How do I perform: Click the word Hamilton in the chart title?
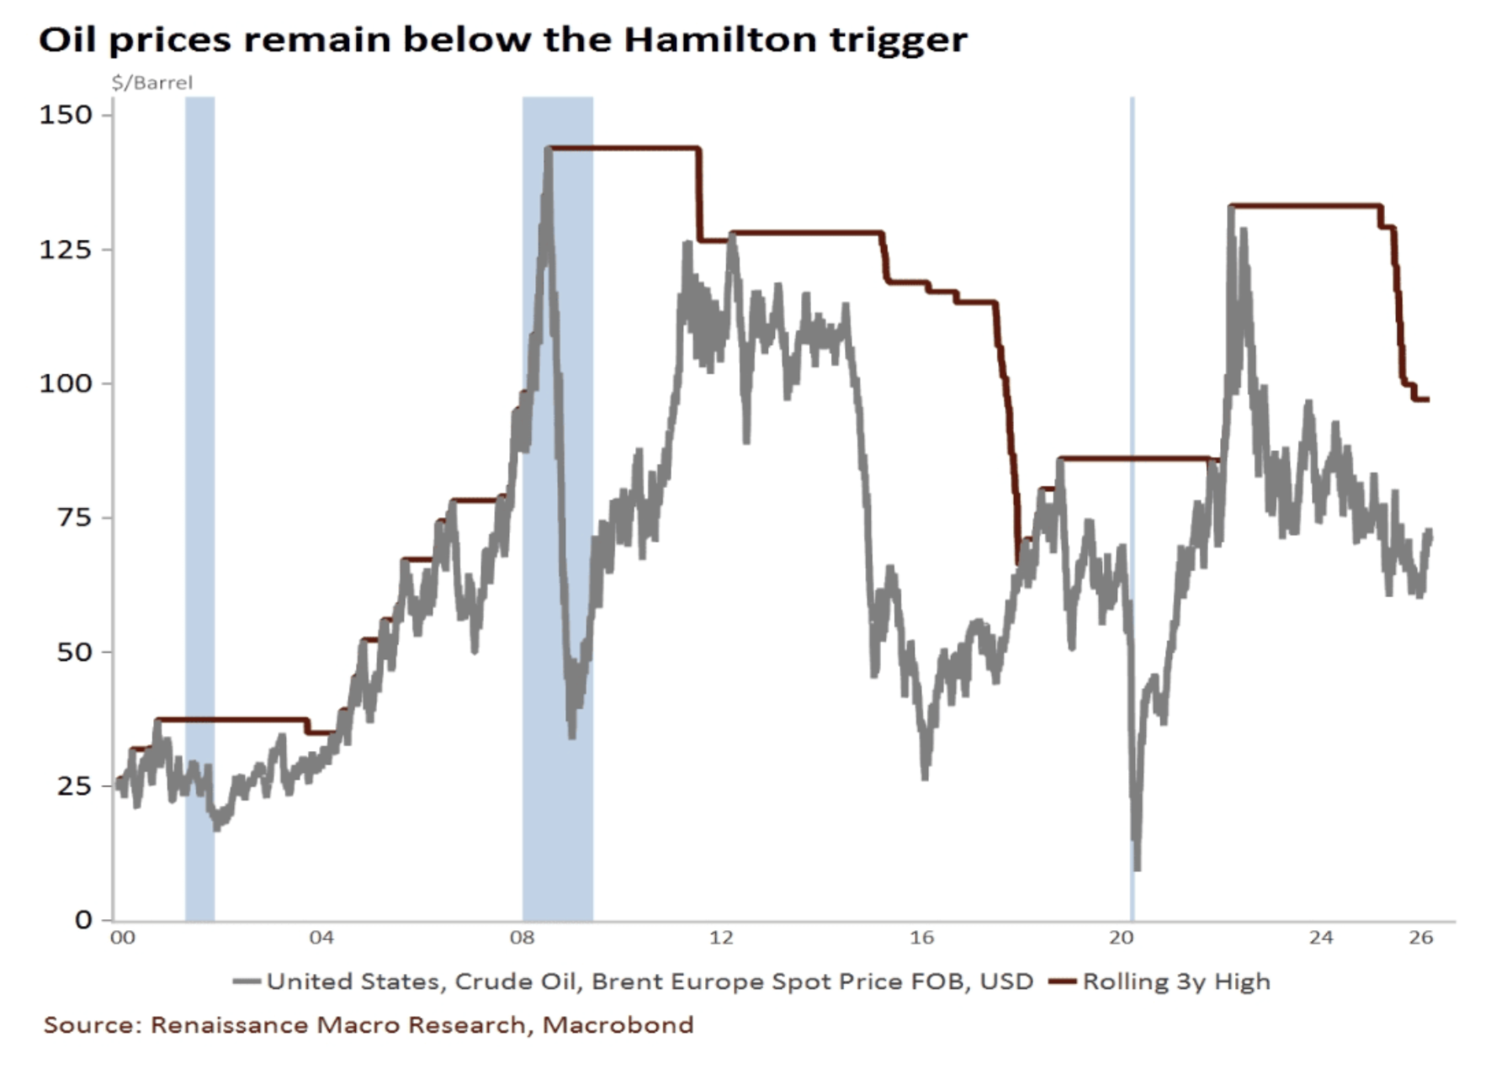[x=719, y=40]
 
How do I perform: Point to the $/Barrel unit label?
[x=152, y=82]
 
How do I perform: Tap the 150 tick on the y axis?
[x=66, y=114]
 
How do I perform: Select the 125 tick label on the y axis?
[x=66, y=249]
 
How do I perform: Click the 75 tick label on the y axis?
[x=74, y=517]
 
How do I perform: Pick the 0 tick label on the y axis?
[x=83, y=919]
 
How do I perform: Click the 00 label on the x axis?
[x=123, y=938]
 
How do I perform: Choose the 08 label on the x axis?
[x=522, y=938]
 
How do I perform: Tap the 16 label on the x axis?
[x=921, y=938]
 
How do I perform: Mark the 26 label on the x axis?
[x=1421, y=938]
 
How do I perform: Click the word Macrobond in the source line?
[x=618, y=1025]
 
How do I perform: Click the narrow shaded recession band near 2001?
[x=200, y=505]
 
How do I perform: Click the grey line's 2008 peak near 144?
[x=549, y=150]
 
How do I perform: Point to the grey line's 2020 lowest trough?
[x=1138, y=868]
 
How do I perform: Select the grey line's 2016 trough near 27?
[x=926, y=777]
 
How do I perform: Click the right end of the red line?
[x=1427, y=399]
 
